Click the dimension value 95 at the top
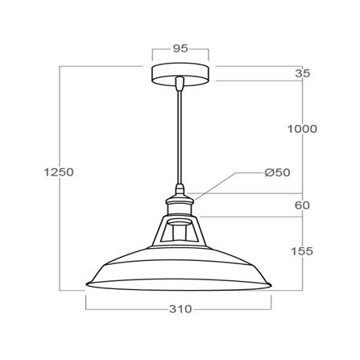point(180,49)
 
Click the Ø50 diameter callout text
point(277,172)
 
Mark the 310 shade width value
point(180,309)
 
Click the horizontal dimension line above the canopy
point(180,58)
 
